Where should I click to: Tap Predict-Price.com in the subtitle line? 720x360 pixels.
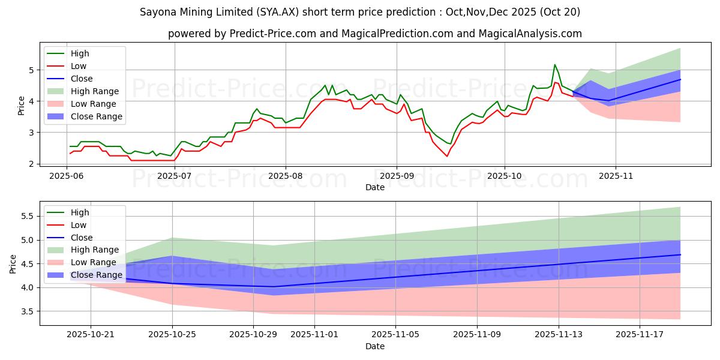(x=273, y=34)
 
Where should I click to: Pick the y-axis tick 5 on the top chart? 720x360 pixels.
(x=30, y=70)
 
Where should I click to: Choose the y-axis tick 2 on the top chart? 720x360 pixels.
(x=30, y=164)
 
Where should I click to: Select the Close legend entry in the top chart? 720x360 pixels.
(x=82, y=79)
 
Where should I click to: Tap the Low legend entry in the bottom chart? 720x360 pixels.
(x=79, y=225)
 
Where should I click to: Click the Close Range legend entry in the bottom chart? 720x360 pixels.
(x=96, y=275)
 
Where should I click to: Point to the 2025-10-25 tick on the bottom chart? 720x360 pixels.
(x=172, y=334)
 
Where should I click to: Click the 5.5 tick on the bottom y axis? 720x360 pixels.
(x=26, y=216)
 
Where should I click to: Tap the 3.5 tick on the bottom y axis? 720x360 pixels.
(x=26, y=311)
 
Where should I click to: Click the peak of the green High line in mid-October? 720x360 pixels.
(x=554, y=65)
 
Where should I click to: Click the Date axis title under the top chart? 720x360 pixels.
(x=375, y=188)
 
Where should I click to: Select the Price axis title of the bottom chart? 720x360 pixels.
(x=13, y=263)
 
